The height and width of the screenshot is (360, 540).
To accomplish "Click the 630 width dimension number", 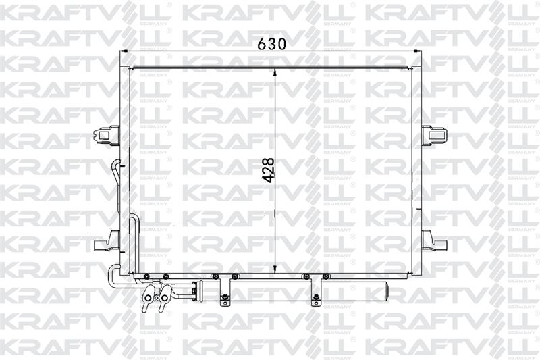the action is point(272,44).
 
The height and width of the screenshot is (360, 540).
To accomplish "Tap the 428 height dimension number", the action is point(268,170).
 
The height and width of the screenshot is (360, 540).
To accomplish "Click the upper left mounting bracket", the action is point(107,133).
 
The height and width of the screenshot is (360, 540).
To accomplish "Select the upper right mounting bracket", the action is point(434,132).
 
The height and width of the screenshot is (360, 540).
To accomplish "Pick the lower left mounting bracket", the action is point(107,240).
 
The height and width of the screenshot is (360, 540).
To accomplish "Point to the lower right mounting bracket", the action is point(434,240).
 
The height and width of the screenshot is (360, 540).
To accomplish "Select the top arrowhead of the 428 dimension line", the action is point(275,72).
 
